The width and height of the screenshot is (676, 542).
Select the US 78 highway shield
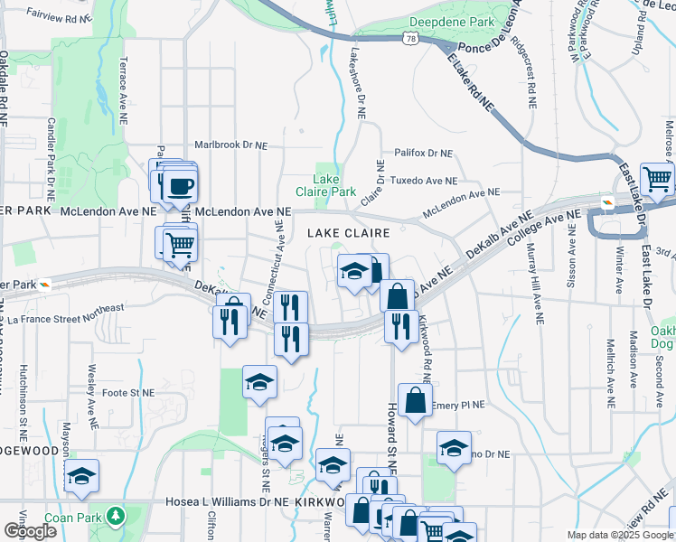[x=412, y=39]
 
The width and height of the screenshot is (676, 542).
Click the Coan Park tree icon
[x=115, y=516]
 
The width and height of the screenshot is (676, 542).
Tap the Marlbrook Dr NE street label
[x=231, y=145]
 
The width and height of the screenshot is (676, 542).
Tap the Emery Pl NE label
[x=459, y=405]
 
